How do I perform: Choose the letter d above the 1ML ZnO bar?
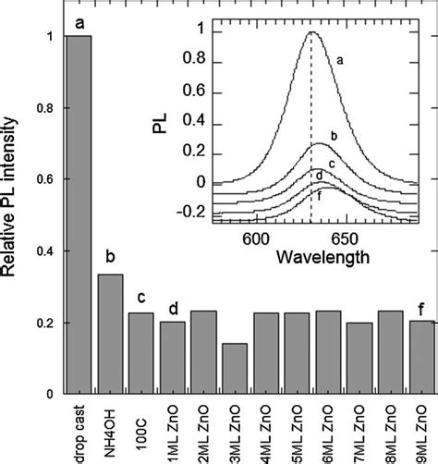point(172,309)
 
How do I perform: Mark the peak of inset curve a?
point(312,31)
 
